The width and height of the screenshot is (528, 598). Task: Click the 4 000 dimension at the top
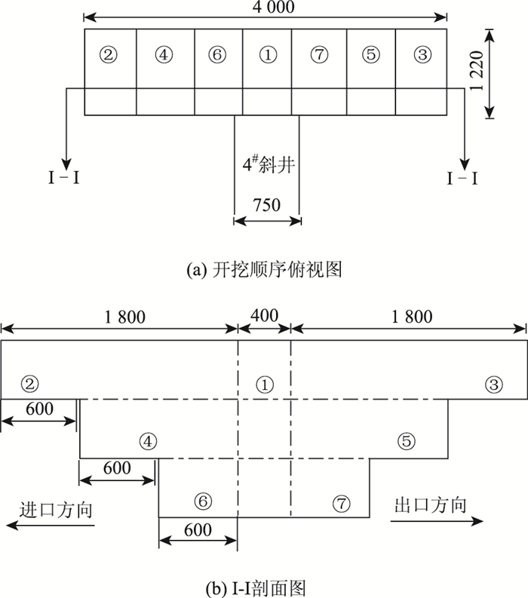coord(264,7)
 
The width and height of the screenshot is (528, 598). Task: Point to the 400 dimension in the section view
coord(264,315)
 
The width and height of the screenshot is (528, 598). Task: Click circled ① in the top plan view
coord(266,54)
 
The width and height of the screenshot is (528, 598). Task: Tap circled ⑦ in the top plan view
coord(318,54)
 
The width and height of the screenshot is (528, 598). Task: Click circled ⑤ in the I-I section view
coord(407,443)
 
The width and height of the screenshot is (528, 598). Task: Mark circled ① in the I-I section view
coord(263,385)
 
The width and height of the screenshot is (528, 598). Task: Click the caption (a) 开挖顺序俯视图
coord(263,269)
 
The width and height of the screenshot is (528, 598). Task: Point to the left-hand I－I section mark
coord(63,179)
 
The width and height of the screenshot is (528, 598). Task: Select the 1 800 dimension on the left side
coord(120,315)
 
